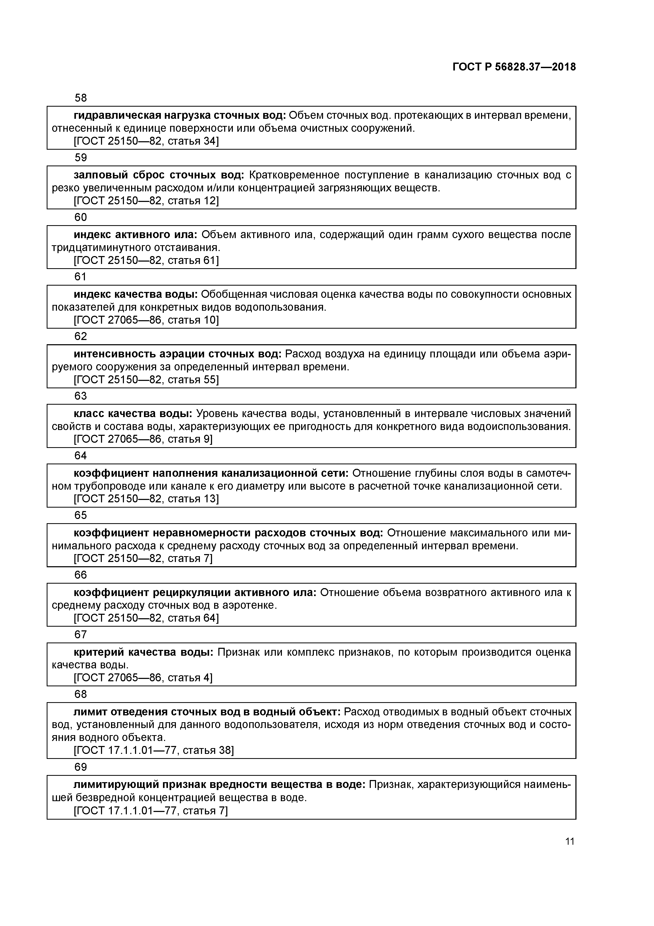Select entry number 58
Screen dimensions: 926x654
(81, 98)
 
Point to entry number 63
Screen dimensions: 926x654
(81, 396)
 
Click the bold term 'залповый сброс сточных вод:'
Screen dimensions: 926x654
(159, 175)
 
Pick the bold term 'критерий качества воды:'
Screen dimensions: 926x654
(143, 652)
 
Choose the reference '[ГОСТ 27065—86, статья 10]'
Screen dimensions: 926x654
(146, 320)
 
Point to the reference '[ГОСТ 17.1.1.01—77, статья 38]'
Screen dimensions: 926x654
(153, 750)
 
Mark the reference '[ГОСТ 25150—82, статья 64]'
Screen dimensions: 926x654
(146, 618)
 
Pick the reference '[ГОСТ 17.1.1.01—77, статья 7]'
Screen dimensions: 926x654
(151, 811)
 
